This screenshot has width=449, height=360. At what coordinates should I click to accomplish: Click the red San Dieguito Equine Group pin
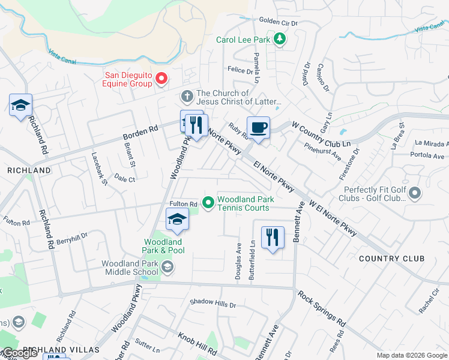161,79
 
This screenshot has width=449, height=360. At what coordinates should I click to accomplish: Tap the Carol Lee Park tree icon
279,40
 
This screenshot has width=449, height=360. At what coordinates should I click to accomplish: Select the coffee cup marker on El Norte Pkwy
258,128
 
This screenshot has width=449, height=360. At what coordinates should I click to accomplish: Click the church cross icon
187,96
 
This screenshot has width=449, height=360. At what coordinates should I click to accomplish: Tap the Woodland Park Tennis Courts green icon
208,203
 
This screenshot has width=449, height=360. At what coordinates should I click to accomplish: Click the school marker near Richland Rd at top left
20,106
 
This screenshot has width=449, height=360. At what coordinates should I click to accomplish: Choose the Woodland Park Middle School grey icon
167,268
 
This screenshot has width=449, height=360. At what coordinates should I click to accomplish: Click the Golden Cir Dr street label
278,22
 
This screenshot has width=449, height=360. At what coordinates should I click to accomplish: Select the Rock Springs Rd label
322,309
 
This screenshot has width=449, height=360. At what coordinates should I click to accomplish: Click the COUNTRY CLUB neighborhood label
391,259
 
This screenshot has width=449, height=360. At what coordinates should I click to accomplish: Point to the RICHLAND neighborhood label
29,170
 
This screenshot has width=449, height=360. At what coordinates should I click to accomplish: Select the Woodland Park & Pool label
163,246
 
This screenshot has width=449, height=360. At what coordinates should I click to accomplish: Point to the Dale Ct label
125,179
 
